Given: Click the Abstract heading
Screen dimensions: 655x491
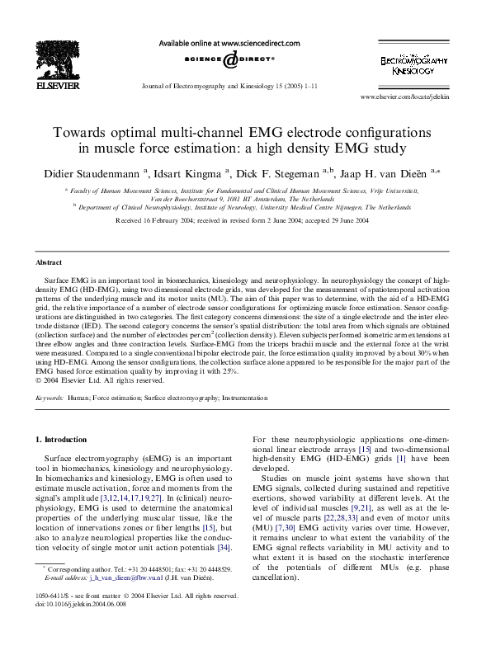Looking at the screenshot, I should pos(49,262).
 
